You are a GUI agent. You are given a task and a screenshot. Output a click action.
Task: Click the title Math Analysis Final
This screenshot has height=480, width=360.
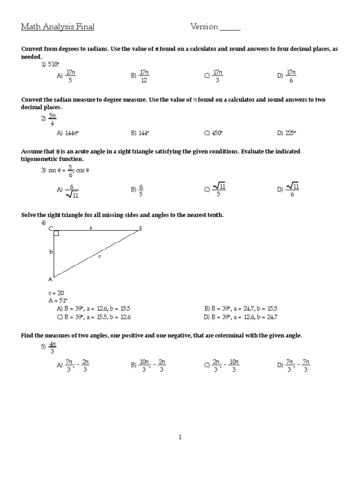coord(58,27)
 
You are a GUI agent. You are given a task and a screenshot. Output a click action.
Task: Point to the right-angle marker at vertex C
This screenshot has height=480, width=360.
coord(56,233)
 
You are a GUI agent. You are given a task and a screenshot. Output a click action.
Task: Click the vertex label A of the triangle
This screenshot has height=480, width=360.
coord(51,279)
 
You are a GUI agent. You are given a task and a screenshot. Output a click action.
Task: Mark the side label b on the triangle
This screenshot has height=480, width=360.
coord(51,252)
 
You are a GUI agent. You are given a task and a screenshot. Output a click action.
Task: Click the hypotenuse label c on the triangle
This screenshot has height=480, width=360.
coord(99,256)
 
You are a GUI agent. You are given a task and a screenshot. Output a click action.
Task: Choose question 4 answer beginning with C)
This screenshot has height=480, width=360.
coord(94,317)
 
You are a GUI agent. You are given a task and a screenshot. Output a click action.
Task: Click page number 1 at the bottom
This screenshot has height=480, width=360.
coord(180,437)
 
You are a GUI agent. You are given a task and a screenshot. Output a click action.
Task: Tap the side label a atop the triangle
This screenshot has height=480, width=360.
coord(91,227)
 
